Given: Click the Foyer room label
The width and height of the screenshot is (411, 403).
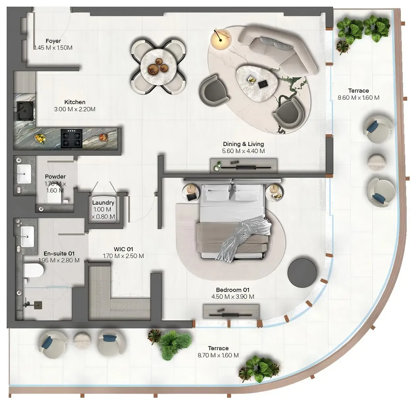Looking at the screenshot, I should click(53, 41).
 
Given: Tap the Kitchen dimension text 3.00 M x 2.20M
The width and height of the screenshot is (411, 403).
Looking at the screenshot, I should click(75, 109).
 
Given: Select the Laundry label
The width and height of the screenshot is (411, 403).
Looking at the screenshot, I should click(103, 203).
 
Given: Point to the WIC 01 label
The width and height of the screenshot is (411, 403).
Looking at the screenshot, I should click(123, 249).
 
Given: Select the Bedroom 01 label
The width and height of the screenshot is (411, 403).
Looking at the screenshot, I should click(233, 290).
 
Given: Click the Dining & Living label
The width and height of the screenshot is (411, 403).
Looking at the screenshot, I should click(243, 144).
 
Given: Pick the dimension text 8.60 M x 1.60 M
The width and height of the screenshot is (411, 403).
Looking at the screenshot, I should click(359, 98).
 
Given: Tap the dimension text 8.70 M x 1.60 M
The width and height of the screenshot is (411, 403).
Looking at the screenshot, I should click(218, 355).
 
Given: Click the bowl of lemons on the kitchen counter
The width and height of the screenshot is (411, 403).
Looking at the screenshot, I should click(40, 138).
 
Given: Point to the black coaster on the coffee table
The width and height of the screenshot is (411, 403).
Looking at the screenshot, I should click(263, 84).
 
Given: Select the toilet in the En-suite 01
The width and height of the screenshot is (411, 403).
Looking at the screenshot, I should click(34, 271).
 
